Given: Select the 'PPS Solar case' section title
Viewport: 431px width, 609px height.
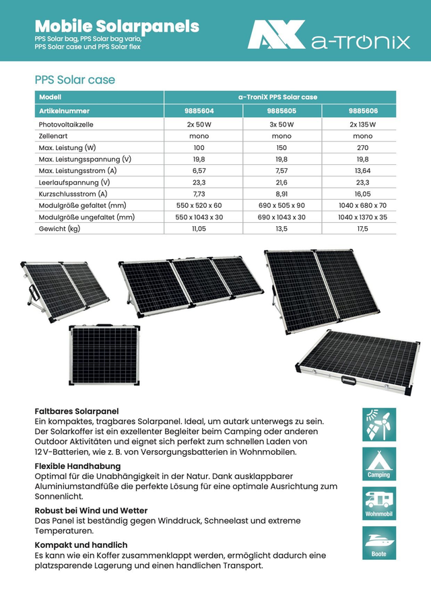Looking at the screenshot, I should point(75,80).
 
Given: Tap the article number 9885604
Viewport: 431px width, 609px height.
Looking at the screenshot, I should point(199,110).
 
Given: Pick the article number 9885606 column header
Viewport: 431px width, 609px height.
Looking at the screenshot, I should point(363,110).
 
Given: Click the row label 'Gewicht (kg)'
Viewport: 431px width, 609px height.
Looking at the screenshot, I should point(59,229).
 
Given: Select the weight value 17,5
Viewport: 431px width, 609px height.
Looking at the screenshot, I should point(363,229).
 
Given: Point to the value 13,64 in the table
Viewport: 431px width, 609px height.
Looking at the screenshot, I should point(363,170).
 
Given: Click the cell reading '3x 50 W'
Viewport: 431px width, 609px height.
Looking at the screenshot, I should point(281,124).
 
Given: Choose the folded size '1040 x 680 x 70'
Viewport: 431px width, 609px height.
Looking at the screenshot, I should point(363,205).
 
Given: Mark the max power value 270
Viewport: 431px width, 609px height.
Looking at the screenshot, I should point(363,147).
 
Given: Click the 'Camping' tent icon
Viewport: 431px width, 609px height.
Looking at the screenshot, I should point(378,464).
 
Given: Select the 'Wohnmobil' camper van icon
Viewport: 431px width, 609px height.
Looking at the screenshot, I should point(378,503).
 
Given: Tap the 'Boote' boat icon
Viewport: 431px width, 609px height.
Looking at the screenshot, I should point(378,542).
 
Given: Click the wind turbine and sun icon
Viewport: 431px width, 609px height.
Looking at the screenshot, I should point(378,425).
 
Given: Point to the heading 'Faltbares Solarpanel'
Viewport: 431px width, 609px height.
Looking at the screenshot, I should point(76,410).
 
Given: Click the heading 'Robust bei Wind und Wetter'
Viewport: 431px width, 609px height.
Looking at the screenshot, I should point(91,511).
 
